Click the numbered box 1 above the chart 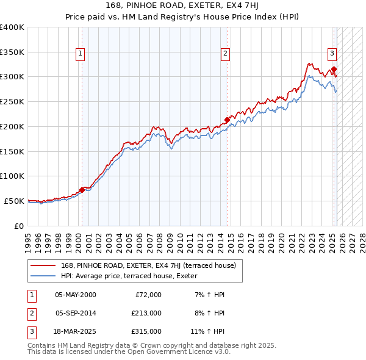point(81,54)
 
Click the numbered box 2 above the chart point(225,54)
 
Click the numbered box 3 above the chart point(332,54)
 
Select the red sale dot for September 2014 point(227,120)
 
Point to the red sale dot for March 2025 point(334,69)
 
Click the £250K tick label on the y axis point(12,101)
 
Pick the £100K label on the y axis point(12,176)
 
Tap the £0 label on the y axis point(19,226)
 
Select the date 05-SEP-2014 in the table point(76,313)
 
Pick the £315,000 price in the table point(146,331)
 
